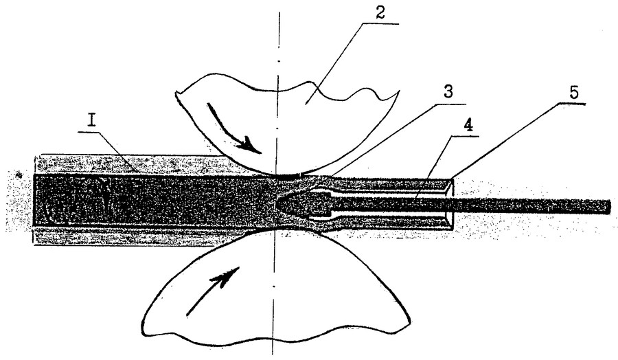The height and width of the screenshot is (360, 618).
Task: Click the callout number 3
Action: tap(448, 92)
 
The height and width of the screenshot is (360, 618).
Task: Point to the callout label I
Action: tap(91, 120)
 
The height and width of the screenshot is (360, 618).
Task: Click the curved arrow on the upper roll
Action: tap(232, 129)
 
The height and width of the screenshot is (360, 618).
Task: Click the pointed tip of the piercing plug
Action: tap(276, 204)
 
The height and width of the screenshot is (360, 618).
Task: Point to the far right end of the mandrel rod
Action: tap(609, 207)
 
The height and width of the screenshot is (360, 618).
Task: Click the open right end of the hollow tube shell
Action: tap(450, 203)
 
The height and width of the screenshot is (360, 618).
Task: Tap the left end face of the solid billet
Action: tap(34, 201)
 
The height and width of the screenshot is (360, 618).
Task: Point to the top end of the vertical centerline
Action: tap(279, 12)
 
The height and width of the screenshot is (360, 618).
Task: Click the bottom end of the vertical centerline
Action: tap(273, 354)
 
